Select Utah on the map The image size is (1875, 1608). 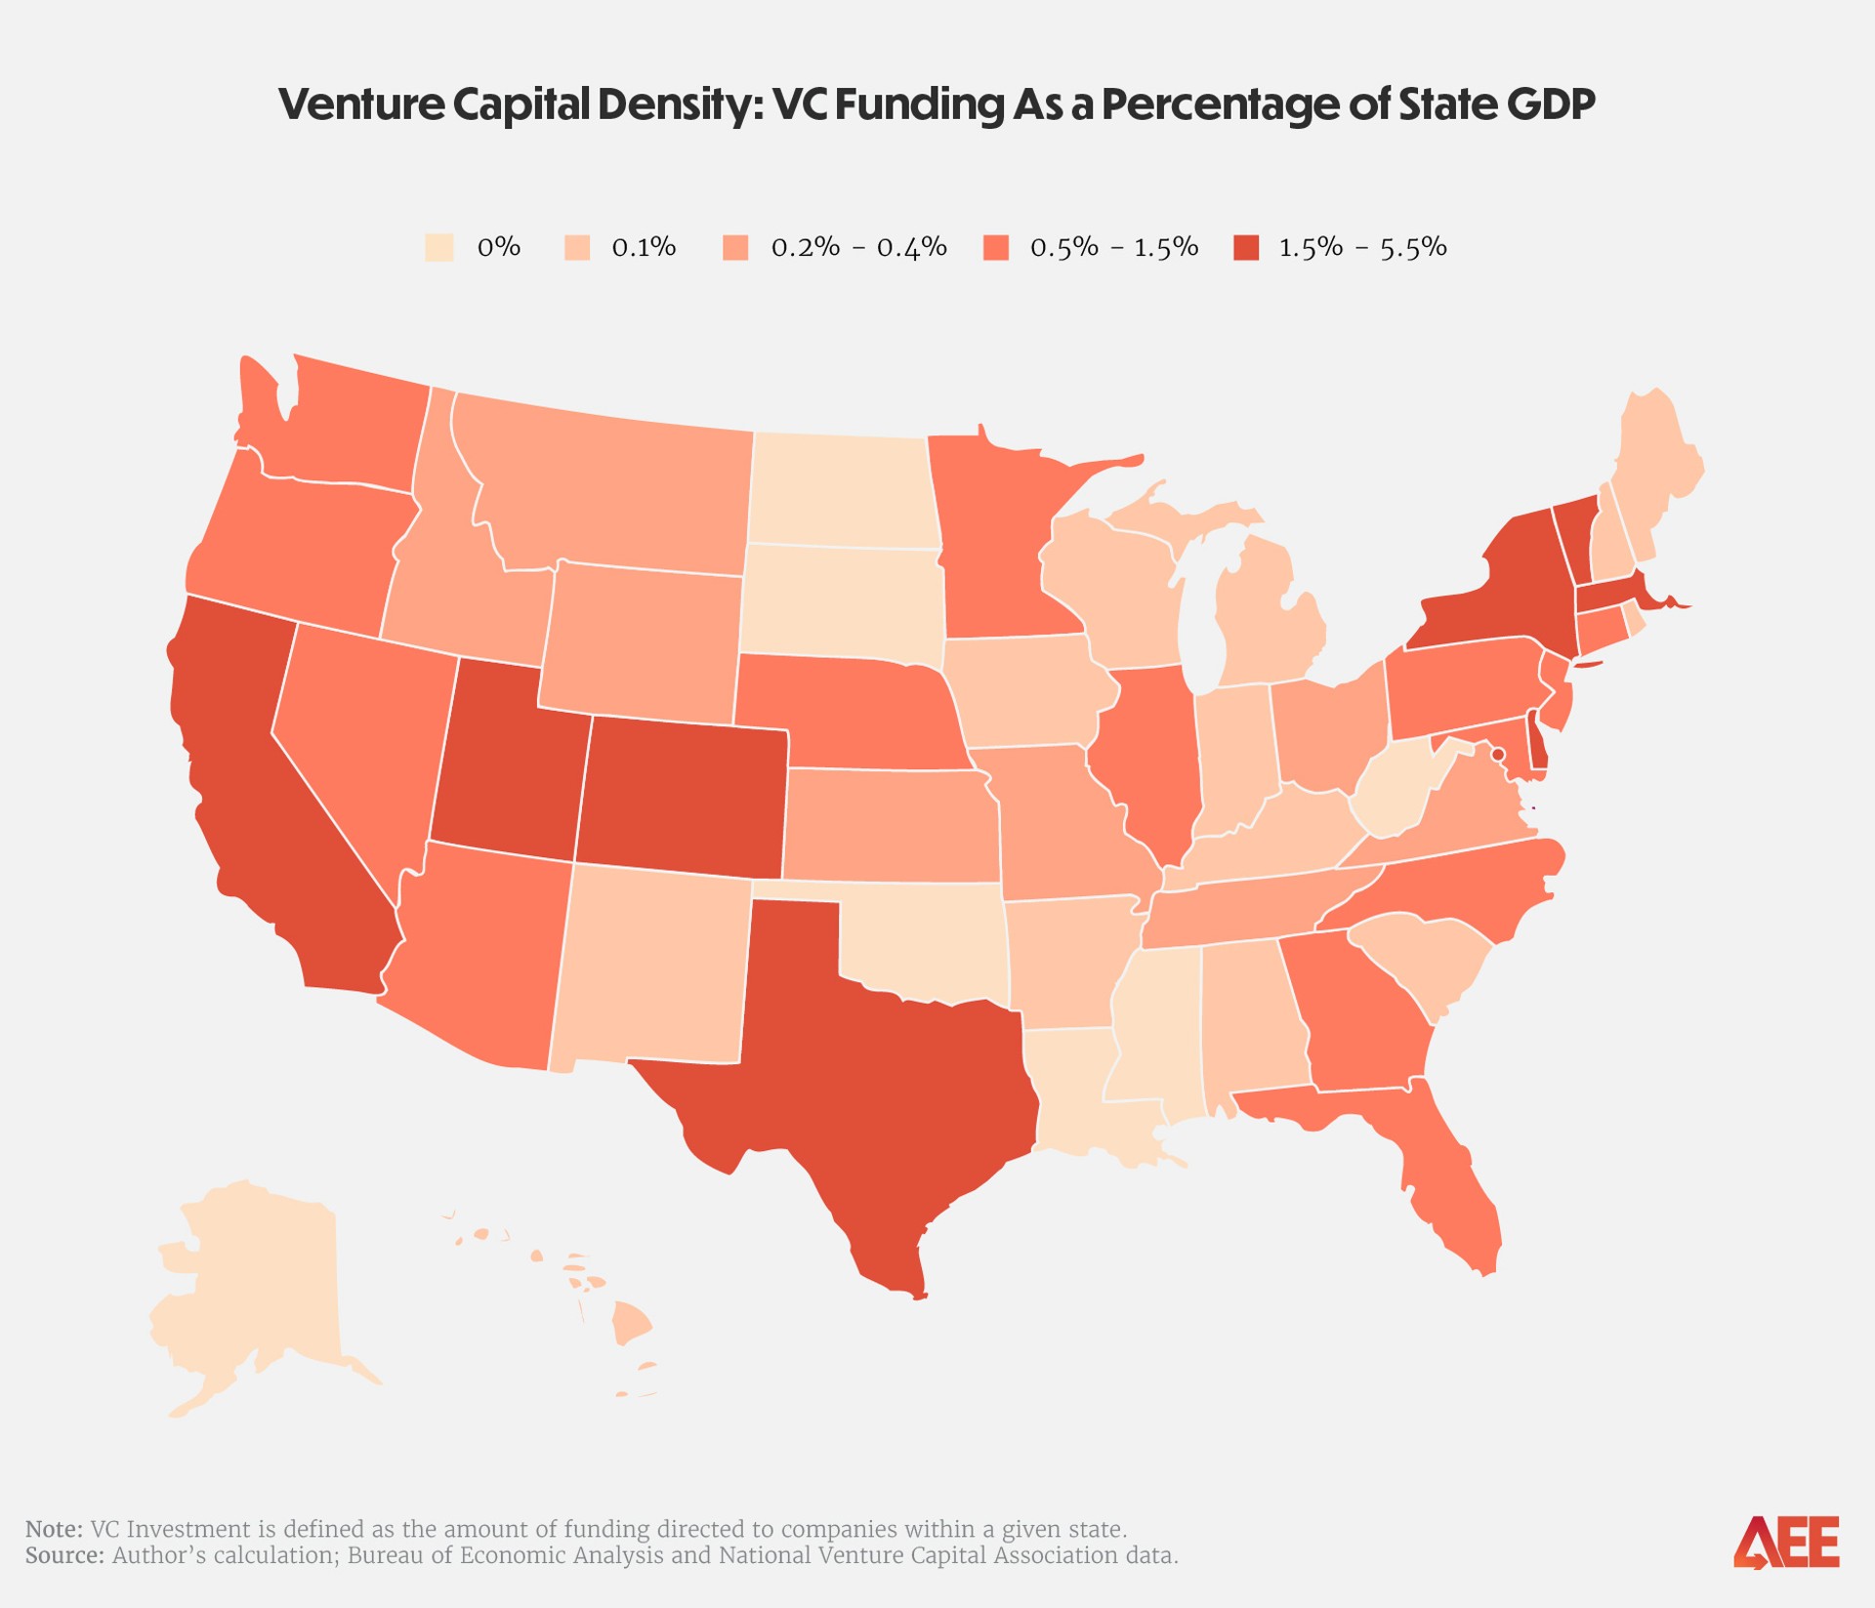coord(508,762)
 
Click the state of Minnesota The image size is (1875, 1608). coord(996,547)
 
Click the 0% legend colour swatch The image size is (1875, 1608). coord(439,247)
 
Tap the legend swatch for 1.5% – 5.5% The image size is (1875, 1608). coord(1246,247)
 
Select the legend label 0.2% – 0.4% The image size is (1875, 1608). coord(858,247)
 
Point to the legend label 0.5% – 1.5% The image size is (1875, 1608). coord(1114,247)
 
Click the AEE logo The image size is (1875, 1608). coord(1786,1542)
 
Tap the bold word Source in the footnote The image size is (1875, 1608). coord(64,1555)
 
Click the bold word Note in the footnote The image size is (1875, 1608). coord(54,1529)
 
